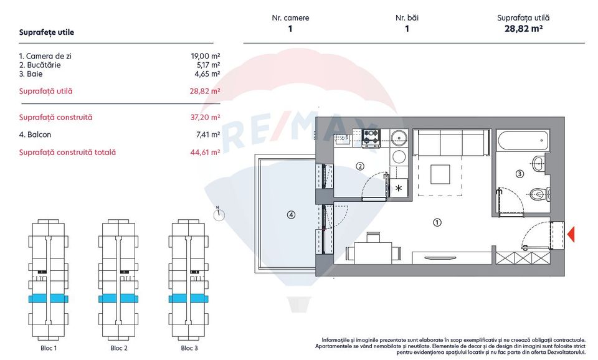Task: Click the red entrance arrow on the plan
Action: (571, 234)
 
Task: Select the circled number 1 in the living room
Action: (437, 222)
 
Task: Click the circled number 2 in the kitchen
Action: (359, 166)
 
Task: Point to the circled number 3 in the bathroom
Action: (520, 174)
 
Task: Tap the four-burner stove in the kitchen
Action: (371, 137)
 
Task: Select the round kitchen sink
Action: (398, 137)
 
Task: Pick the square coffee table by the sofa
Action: (440, 174)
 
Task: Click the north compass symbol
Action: (218, 214)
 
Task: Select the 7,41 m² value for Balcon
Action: (207, 135)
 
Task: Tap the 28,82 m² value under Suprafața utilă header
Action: (523, 29)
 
